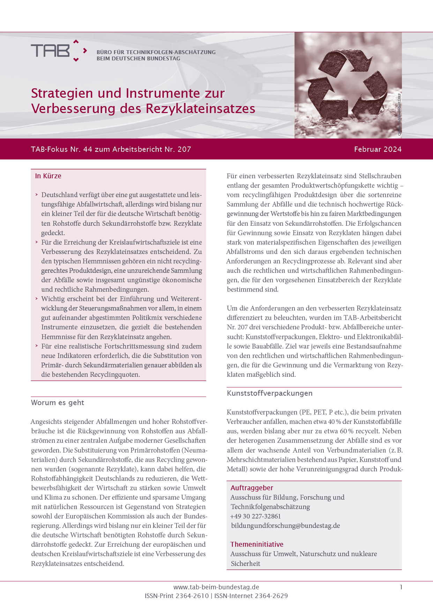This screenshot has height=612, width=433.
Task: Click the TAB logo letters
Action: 50,51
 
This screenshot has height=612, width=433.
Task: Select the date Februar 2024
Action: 378,149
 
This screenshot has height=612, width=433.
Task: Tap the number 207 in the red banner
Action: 184,149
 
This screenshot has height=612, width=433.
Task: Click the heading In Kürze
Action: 48,176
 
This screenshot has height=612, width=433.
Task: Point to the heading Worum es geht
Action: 58,403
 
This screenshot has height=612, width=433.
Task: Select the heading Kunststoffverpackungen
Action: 269,393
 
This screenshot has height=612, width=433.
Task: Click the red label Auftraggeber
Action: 252,488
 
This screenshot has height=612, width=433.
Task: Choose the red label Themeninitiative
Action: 256,544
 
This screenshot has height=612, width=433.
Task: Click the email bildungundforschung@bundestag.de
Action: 285,525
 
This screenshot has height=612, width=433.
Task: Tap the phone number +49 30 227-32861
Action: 255,516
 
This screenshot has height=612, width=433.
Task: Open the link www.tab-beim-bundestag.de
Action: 216,587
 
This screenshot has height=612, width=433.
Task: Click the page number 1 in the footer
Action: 401,587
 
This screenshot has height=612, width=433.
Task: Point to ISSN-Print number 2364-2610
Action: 192,596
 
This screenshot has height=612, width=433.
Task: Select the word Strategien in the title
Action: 62,93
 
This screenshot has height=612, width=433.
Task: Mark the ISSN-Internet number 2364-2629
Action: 271,596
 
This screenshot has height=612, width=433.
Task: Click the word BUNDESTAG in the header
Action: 163,59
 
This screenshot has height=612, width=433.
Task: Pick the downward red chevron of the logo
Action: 76,60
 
